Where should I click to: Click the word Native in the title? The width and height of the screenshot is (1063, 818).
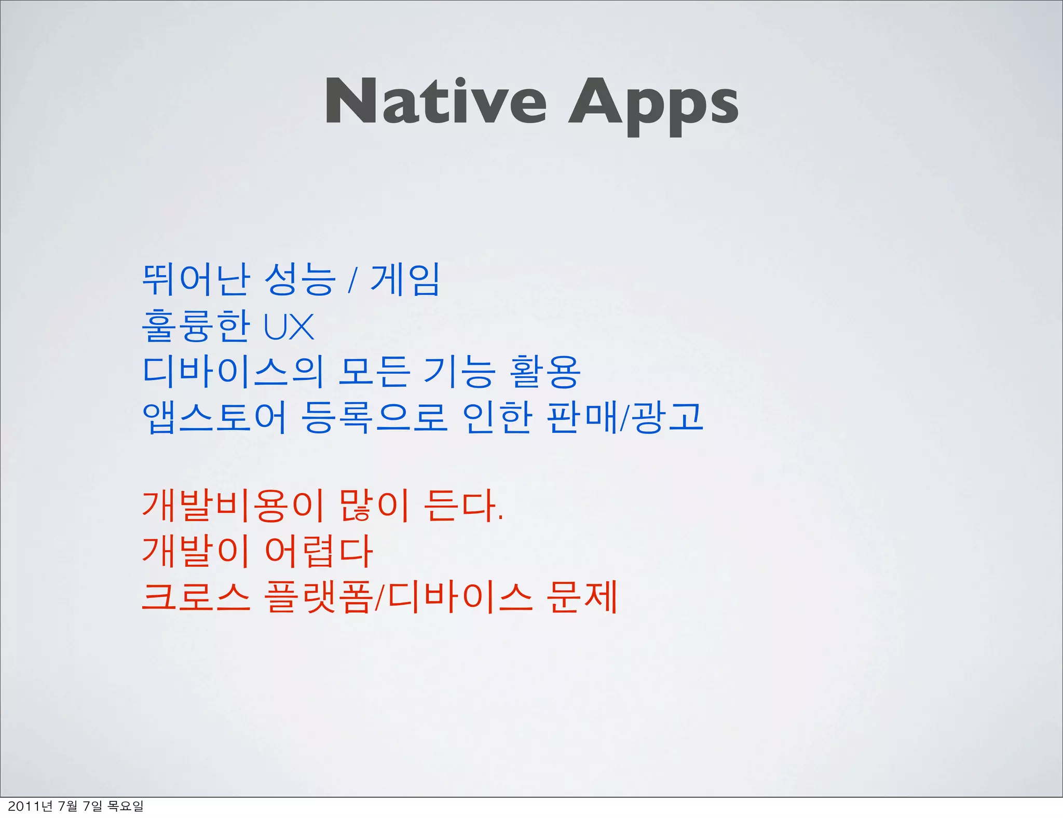(435, 101)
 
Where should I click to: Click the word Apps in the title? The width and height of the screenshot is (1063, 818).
(653, 104)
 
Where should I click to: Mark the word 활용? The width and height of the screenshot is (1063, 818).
(544, 372)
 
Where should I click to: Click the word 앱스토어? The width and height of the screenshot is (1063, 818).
(214, 417)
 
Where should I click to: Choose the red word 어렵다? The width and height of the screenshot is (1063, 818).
(319, 551)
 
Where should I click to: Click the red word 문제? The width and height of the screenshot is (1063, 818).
(581, 597)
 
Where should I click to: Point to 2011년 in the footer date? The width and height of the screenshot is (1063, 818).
(30, 806)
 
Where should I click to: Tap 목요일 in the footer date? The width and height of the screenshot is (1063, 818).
(125, 806)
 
